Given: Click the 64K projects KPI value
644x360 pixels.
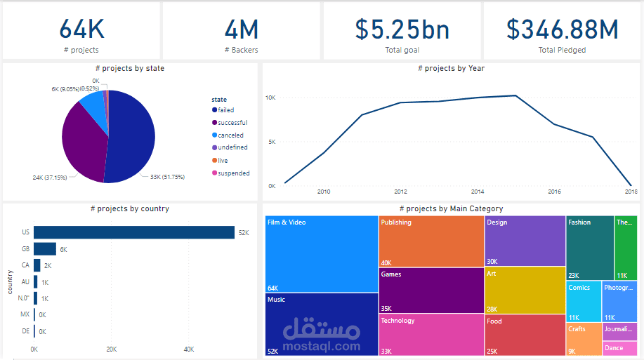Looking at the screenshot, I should (81, 29).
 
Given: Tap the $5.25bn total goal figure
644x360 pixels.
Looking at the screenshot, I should (402, 29).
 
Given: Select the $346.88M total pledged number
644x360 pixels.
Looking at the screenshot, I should (562, 29).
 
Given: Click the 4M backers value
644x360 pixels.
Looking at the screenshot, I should (241, 29).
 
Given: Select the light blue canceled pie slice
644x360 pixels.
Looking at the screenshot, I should (93, 109).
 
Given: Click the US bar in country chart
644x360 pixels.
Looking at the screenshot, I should (133, 232).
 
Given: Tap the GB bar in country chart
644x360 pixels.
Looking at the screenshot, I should (45, 249).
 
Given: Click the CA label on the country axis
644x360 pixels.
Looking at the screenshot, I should (25, 266).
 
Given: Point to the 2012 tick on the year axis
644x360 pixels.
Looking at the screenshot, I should (400, 192).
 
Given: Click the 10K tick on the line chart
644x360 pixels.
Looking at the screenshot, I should (270, 98).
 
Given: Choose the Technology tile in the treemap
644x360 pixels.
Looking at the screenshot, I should (431, 334).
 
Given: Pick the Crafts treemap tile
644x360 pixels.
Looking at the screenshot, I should (583, 339).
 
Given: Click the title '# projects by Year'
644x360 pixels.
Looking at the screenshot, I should (451, 68).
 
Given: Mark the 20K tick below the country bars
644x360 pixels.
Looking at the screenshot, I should (111, 349).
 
